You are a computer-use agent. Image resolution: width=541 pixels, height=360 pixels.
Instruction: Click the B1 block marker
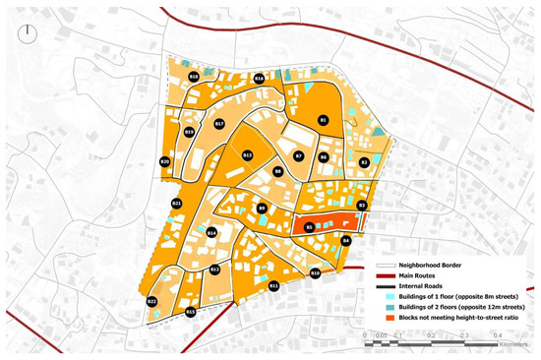323,120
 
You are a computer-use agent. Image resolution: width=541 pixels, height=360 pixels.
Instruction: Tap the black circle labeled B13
248,155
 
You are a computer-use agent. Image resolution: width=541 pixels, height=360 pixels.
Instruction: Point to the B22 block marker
152,301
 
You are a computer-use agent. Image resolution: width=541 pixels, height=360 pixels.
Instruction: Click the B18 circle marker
194,76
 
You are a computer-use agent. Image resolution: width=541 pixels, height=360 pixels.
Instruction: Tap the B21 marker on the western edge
177,203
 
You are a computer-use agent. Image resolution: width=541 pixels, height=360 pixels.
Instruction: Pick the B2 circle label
364,162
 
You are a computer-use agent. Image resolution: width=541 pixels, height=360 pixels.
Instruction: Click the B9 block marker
263,209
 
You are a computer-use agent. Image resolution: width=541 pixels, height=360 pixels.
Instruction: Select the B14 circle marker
211,232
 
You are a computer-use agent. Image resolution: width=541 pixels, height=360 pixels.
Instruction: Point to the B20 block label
165,161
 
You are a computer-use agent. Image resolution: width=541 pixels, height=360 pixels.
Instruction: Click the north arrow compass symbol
30,32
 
